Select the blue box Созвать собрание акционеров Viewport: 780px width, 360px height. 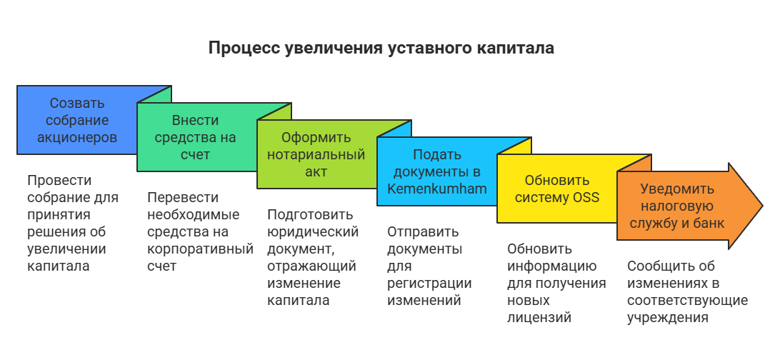click(77, 120)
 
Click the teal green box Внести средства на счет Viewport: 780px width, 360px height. click(196, 137)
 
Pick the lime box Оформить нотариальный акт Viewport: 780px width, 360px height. click(316, 154)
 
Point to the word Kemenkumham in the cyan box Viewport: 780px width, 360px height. click(436, 189)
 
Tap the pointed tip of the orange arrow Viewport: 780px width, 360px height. click(763, 206)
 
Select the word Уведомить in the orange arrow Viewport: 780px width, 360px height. click(677, 189)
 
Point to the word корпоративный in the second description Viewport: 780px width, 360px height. click(201, 249)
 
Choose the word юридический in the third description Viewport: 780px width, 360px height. click(313, 231)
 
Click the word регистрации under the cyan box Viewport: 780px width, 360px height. click(429, 284)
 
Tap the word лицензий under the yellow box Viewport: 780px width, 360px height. click(539, 317)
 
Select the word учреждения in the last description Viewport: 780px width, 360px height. click(668, 317)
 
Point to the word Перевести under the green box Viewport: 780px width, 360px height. click(183, 197)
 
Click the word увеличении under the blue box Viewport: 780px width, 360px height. click(66, 249)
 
